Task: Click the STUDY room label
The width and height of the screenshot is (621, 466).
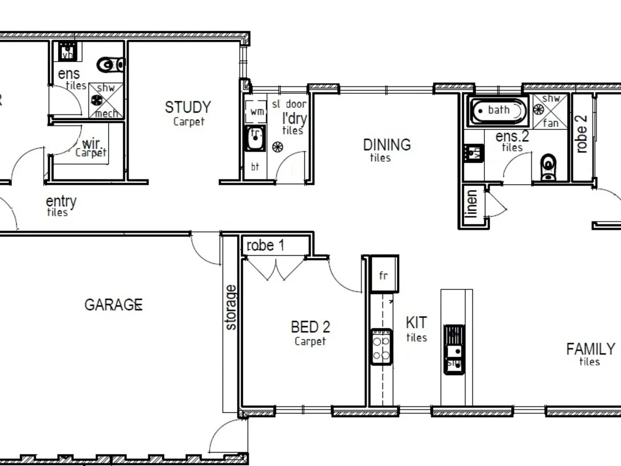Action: coord(188,108)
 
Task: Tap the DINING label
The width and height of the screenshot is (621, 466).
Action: coord(387,145)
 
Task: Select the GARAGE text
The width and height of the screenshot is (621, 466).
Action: coord(113,305)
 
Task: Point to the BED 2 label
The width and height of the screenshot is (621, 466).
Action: coord(310,327)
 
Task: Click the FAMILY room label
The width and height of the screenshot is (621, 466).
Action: coord(590,349)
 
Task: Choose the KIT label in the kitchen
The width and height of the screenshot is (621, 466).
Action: coord(416,323)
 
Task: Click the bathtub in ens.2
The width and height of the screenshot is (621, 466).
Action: coord(498,110)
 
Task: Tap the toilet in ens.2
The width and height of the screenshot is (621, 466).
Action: coord(548,167)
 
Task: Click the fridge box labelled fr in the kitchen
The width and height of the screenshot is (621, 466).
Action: coord(383,274)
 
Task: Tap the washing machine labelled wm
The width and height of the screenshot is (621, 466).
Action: coord(256,112)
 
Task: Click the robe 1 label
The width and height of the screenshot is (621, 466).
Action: coord(265,245)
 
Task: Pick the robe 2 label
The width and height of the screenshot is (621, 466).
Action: coord(582,133)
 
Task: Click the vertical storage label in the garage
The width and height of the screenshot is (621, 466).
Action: coord(231,308)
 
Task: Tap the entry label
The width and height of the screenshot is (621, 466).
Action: coord(61,202)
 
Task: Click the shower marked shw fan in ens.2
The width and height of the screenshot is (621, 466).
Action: coord(551,111)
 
